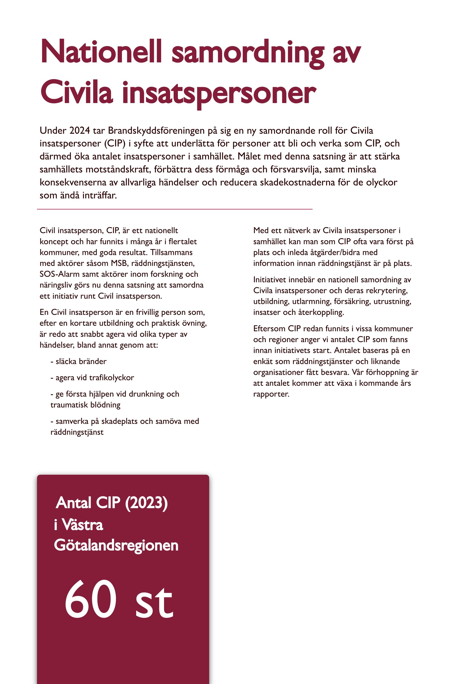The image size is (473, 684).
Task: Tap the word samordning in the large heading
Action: (x=248, y=53)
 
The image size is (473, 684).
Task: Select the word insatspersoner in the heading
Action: (x=219, y=94)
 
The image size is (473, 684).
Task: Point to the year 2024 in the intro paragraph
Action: (x=79, y=130)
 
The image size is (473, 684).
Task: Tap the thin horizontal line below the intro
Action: (x=175, y=209)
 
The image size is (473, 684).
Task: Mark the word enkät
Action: (x=263, y=361)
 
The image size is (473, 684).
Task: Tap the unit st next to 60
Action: (x=154, y=602)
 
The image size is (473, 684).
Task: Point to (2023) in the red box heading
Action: (x=146, y=503)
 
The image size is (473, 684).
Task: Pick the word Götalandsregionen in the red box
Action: (x=116, y=546)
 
